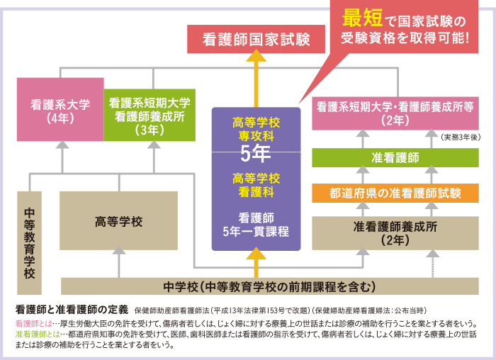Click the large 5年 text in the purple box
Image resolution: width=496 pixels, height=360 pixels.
pos(255,152)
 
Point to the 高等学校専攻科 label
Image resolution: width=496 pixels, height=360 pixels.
pos(256,128)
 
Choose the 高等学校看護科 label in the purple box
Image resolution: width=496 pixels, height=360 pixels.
pos(256,183)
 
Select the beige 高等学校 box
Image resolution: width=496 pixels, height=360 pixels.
pos(118,221)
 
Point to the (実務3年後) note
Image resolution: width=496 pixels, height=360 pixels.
pos(461,136)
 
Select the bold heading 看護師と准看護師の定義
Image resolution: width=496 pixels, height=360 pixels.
pos(72,310)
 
